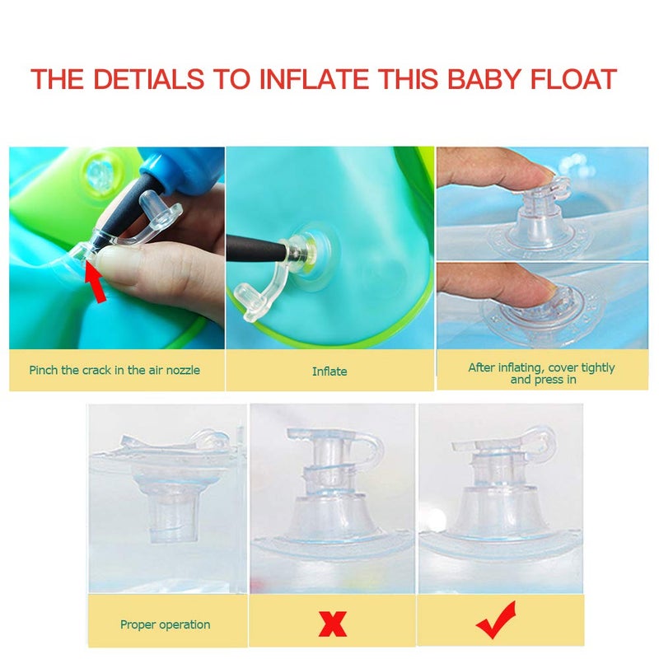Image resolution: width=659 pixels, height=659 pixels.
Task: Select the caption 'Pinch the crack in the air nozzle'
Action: coord(115,371)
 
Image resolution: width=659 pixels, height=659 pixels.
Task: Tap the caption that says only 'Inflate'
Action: coord(329,372)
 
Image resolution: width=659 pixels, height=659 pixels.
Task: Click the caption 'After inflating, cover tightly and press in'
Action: coord(541,373)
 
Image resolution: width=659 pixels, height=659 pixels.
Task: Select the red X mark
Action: coord(332,624)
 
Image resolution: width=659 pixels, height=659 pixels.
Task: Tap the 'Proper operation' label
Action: coord(166,624)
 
